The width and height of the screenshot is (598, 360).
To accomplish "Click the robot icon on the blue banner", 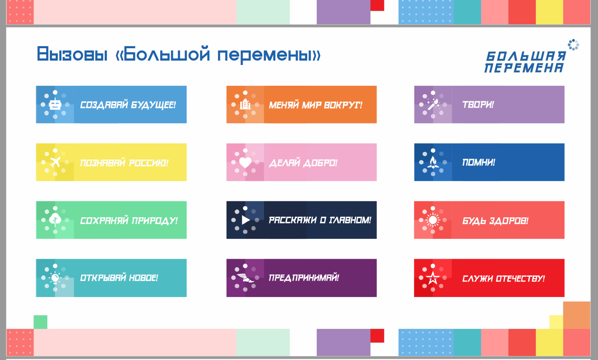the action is click(55, 104).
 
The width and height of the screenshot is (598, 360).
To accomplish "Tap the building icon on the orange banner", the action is click(245, 104).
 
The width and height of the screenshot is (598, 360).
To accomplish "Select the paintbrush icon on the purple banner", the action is click(433, 104).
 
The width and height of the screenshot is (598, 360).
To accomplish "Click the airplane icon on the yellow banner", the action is click(55, 162).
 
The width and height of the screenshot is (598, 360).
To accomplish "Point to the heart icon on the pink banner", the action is click(245, 162).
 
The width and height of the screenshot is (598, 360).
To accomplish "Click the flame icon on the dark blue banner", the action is click(433, 162).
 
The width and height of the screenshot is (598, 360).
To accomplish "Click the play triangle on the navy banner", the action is click(245, 220).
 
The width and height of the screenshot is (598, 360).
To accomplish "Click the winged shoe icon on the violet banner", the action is click(245, 278).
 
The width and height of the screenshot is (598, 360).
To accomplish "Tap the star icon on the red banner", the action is click(433, 278).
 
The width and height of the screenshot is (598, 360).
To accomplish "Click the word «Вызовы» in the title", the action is click(72, 55).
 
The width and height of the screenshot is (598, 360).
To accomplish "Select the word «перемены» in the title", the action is click(269, 55).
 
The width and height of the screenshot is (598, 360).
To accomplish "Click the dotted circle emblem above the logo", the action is click(573, 45).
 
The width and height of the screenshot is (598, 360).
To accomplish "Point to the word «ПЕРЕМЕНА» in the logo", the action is click(524, 68).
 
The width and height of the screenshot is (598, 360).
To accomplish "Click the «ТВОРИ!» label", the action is click(478, 104).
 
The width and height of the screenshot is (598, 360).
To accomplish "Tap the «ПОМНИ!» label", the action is click(478, 162).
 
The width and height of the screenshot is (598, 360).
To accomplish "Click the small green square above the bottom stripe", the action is click(40, 322).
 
